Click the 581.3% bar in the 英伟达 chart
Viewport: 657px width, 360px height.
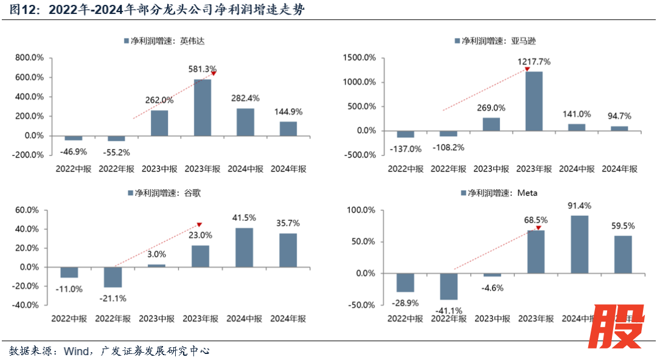(x=203, y=107)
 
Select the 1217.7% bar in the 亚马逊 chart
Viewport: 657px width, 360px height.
(x=534, y=101)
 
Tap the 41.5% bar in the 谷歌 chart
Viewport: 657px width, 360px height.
(x=244, y=247)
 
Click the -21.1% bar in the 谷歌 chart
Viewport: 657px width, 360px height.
(x=113, y=277)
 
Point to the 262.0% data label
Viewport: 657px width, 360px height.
(x=159, y=101)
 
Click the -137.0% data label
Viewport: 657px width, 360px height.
(x=406, y=148)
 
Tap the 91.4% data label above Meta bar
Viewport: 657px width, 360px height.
(x=579, y=206)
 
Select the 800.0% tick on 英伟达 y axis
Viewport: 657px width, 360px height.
(x=29, y=58)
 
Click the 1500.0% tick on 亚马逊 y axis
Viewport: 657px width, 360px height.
(x=359, y=58)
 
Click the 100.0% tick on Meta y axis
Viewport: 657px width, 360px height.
(x=361, y=210)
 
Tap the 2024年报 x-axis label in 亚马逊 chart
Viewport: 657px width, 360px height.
(x=619, y=168)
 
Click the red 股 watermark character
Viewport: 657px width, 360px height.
(x=617, y=325)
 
